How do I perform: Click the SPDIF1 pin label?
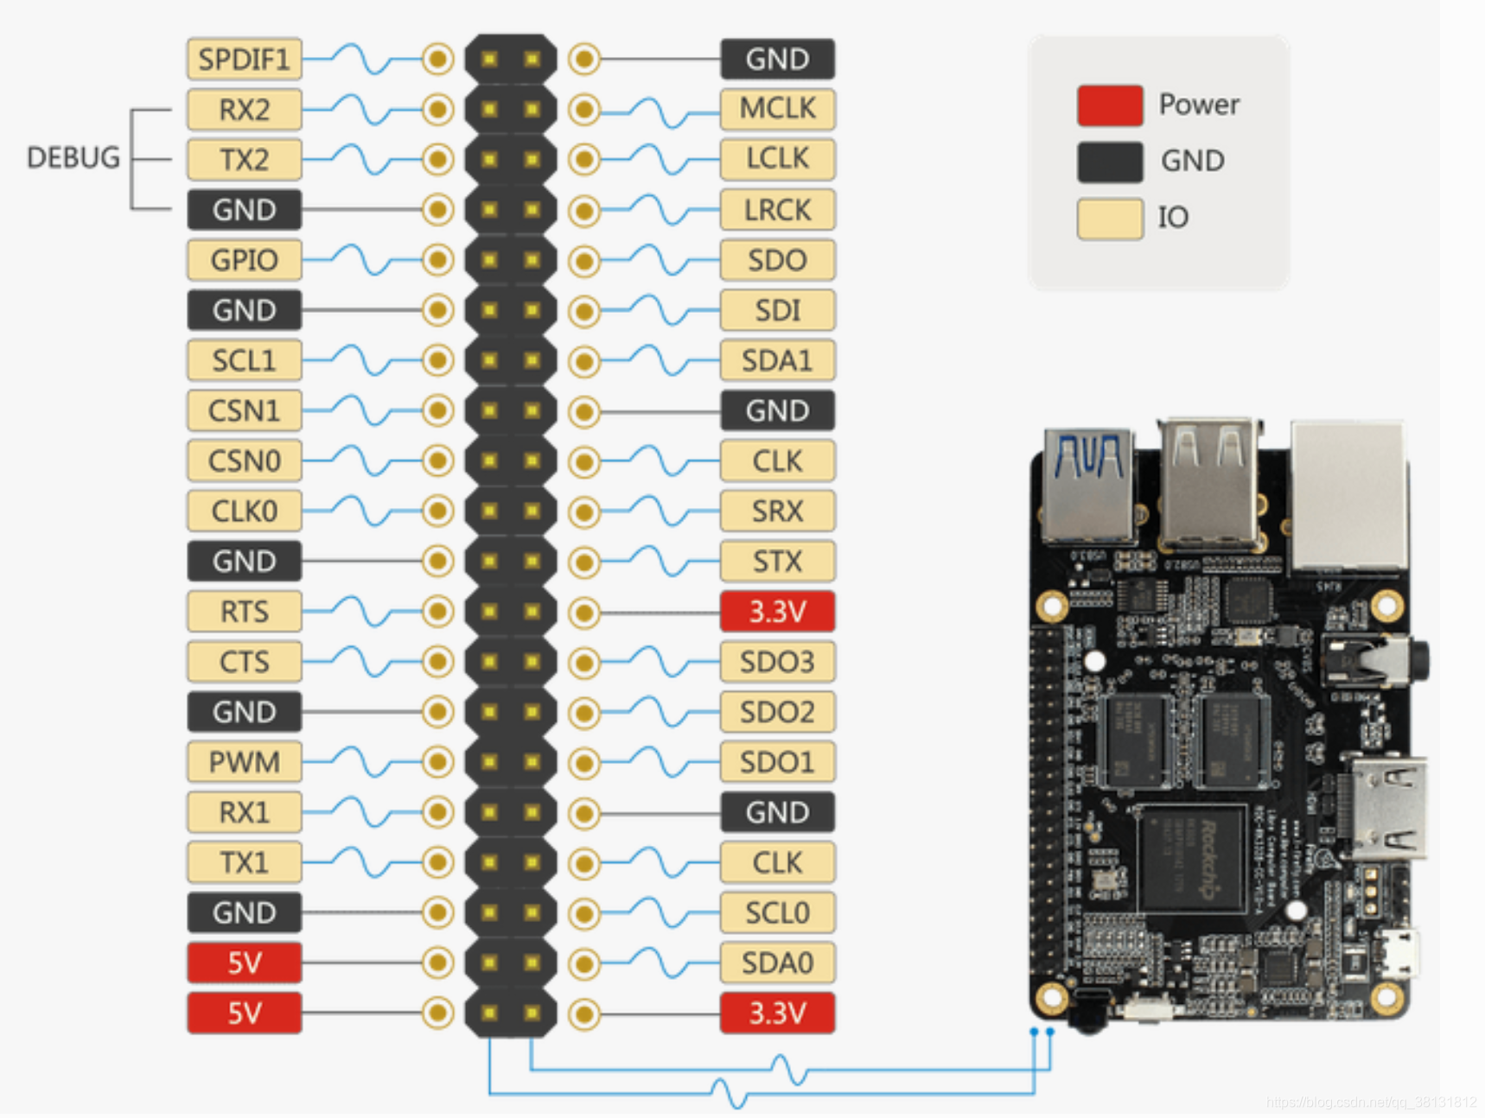[244, 60]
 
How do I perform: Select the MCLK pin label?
[777, 109]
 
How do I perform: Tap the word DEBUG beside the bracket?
[73, 158]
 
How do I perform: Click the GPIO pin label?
[244, 260]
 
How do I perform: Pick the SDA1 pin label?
[777, 360]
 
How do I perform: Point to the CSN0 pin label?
[244, 461]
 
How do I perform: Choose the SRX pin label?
[777, 511]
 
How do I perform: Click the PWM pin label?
[244, 762]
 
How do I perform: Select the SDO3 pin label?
[777, 662]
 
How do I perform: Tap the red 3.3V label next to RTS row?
[777, 612]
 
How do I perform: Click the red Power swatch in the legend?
[1110, 105]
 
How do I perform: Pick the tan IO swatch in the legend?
[1110, 218]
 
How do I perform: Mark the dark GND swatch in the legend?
[1110, 162]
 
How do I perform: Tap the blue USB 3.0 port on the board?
[1088, 484]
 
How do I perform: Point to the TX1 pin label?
[244, 862]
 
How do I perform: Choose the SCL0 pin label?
[777, 912]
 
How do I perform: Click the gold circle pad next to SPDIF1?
[438, 60]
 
